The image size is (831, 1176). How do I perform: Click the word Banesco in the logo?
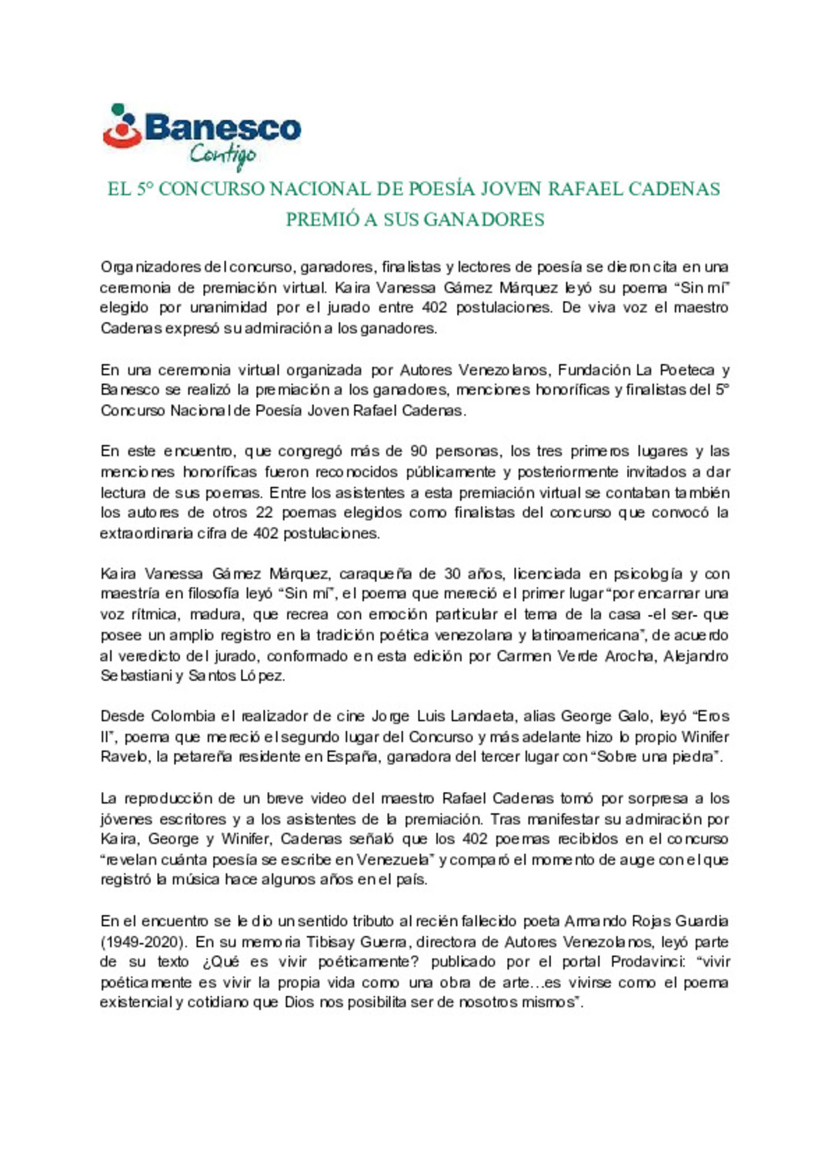(222, 128)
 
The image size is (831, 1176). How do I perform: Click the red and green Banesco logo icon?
(122, 126)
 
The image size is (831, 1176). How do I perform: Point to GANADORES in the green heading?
(484, 220)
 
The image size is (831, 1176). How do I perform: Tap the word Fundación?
(596, 370)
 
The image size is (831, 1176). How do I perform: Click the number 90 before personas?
(419, 452)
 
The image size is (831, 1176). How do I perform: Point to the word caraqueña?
(375, 574)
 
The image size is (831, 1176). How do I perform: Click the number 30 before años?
(453, 574)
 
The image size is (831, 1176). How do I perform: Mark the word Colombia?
(182, 717)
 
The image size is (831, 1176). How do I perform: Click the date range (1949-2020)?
(144, 942)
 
